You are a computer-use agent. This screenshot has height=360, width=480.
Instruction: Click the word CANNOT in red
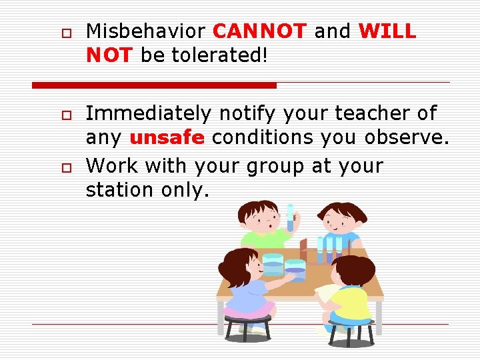259,31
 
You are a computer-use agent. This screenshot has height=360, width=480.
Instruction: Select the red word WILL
387,31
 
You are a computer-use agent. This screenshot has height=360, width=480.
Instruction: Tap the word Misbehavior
147,31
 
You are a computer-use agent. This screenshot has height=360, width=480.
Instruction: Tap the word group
275,165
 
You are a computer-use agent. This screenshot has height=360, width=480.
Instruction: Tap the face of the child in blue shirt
341,225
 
